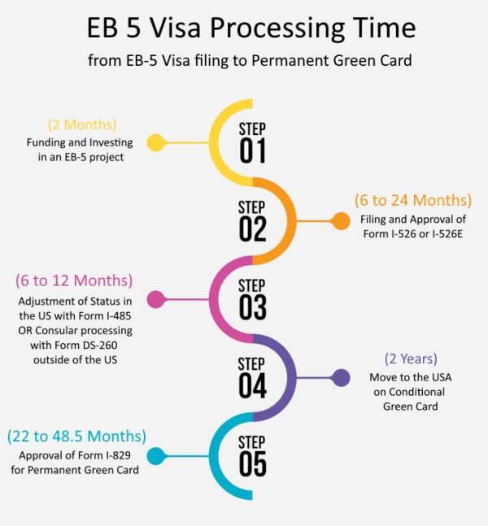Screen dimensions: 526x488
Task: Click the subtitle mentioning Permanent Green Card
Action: [x=251, y=60]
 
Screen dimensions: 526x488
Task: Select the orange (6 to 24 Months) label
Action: [x=412, y=200]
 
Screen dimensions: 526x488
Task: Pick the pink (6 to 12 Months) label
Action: [x=73, y=280]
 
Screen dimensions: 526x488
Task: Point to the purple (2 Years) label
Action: [x=412, y=359]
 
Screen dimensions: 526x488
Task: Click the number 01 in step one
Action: [x=253, y=150]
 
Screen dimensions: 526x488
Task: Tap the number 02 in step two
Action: [x=253, y=229]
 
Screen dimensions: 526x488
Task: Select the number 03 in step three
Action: [x=253, y=307]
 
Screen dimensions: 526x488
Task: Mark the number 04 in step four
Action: [x=253, y=385]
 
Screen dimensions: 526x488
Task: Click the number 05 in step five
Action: [x=253, y=464]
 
